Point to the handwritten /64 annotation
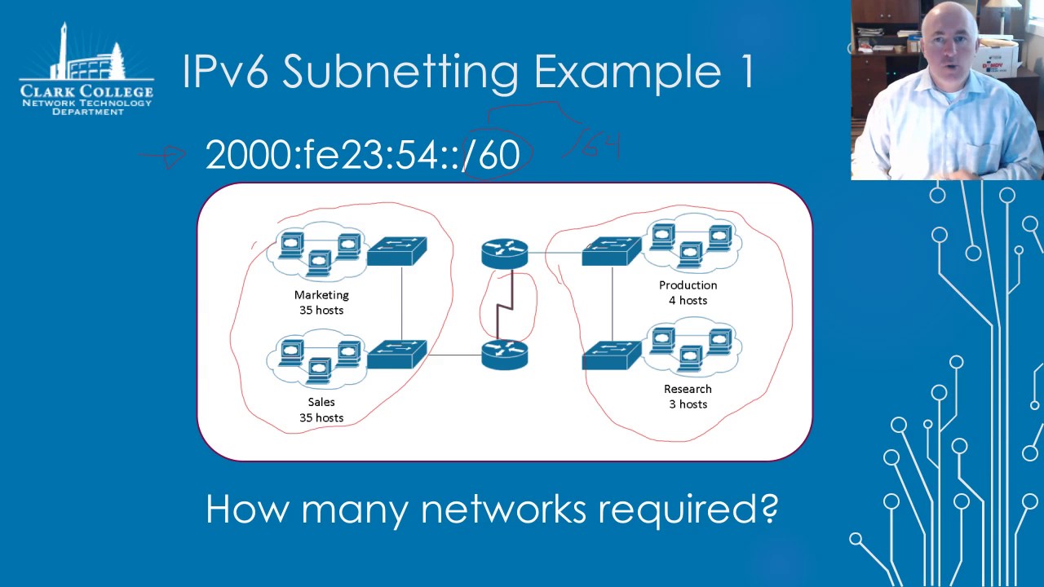(593, 146)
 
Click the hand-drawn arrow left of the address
(163, 156)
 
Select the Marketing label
(321, 295)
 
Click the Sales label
(321, 402)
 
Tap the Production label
(688, 285)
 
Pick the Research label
(688, 389)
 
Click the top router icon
(505, 253)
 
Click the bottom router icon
(505, 355)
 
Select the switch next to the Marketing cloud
(396, 251)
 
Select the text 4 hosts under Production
(688, 300)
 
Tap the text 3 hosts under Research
(688, 404)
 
